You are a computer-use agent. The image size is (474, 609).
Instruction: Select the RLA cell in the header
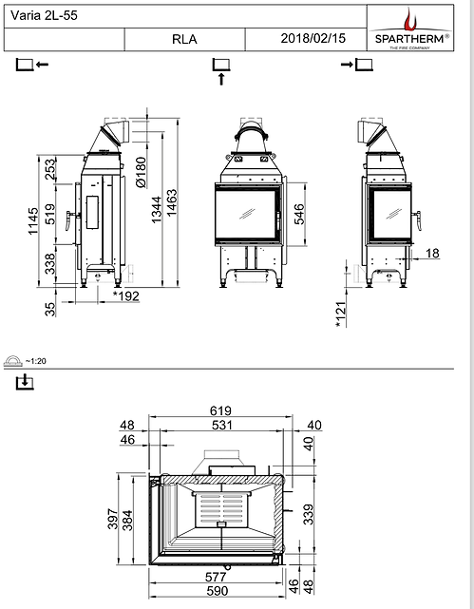point(184,40)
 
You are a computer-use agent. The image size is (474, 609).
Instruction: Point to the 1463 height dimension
point(172,202)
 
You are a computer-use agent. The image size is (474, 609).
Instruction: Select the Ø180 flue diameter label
point(141,172)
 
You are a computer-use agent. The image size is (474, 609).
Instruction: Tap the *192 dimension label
point(126,297)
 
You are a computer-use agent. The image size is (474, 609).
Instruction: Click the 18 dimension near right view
point(433,254)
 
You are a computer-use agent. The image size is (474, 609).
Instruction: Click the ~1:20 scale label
point(35,361)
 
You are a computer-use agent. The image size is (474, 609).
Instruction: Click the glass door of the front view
point(244,215)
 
